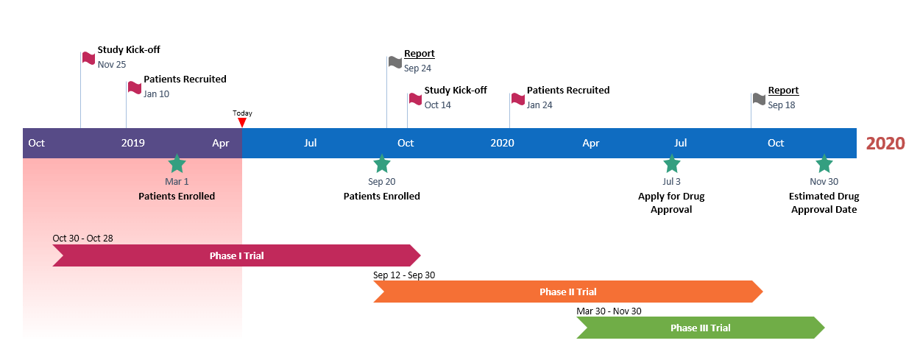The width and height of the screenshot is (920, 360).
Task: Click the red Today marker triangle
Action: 242,122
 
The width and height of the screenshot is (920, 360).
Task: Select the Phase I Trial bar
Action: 236,255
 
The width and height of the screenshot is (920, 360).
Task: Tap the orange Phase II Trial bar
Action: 567,292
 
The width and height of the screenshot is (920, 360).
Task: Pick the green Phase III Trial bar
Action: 700,328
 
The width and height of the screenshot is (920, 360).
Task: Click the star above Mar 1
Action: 177,163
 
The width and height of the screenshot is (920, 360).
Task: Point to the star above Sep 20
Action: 381,163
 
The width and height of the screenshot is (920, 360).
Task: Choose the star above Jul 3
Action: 671,163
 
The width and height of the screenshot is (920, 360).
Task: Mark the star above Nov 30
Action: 824,163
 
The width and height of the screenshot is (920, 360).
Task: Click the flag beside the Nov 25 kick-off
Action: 89,57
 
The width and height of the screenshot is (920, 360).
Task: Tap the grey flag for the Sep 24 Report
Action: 395,62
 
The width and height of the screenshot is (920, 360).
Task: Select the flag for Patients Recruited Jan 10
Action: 135,87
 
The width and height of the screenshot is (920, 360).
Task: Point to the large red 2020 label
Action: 885,144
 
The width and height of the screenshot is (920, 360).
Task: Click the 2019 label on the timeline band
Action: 133,143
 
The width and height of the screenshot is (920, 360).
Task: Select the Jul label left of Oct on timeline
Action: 311,143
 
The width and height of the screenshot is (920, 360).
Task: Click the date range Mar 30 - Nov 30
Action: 609,311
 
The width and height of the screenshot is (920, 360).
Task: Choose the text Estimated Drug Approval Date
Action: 824,202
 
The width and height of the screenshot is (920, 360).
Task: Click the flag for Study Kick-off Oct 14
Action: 416,98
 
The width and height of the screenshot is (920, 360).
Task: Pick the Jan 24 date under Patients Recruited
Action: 539,105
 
